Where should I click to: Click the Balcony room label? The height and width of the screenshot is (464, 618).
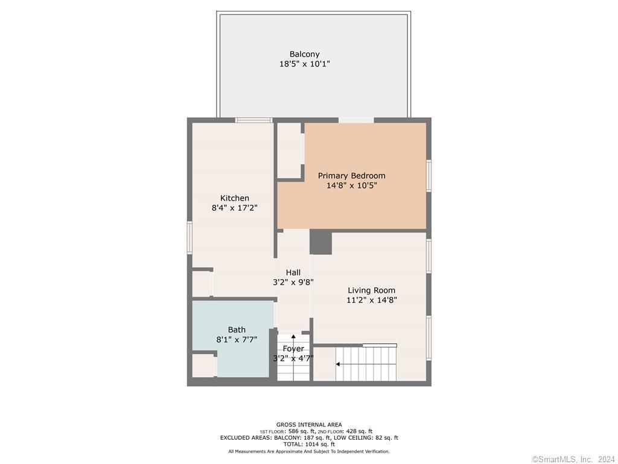pyautogui.click(x=304, y=54)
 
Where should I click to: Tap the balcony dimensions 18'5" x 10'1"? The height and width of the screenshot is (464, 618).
pyautogui.click(x=304, y=63)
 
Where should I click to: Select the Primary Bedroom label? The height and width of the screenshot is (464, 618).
pyautogui.click(x=352, y=176)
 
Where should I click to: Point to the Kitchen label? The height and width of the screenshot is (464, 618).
pyautogui.click(x=235, y=198)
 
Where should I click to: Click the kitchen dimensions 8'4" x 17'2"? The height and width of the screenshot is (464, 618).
pyautogui.click(x=235, y=208)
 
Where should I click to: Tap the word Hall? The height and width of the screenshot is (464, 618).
pyautogui.click(x=293, y=272)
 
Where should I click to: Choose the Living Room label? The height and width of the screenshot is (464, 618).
pyautogui.click(x=371, y=291)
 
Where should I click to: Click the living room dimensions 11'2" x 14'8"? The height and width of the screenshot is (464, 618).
pyautogui.click(x=371, y=300)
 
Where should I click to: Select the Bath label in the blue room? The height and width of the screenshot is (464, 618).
pyautogui.click(x=237, y=329)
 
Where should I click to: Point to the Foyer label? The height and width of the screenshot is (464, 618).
pyautogui.click(x=293, y=349)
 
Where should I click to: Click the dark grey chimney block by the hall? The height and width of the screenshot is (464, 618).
pyautogui.click(x=320, y=243)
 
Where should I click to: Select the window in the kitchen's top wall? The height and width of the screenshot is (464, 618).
pyautogui.click(x=254, y=120)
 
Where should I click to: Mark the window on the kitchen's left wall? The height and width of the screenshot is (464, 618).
pyautogui.click(x=190, y=237)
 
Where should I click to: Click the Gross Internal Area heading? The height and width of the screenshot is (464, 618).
pyautogui.click(x=309, y=425)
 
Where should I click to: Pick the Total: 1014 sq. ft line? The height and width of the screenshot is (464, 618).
pyautogui.click(x=309, y=444)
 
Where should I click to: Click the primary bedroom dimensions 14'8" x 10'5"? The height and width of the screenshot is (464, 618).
pyautogui.click(x=352, y=185)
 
